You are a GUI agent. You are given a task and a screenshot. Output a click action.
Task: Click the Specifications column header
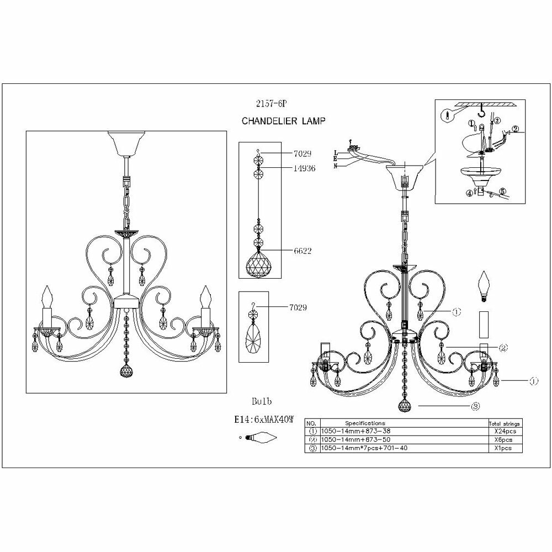[365, 423]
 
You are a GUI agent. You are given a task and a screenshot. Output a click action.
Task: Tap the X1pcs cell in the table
[504, 448]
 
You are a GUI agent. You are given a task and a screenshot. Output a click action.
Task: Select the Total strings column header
[504, 423]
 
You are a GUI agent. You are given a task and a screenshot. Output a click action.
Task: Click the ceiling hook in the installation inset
[484, 113]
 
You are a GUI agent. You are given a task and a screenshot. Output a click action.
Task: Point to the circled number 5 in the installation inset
[502, 192]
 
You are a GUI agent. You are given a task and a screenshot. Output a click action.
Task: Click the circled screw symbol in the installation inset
[446, 116]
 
